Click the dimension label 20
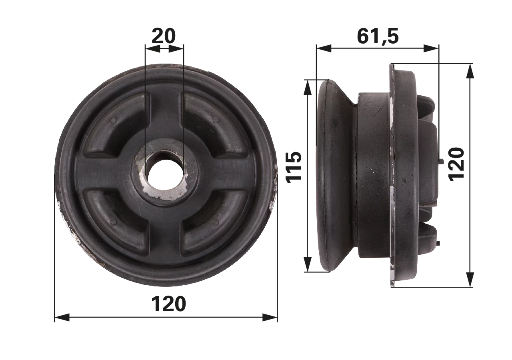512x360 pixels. [164, 36]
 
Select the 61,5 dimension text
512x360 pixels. [378, 36]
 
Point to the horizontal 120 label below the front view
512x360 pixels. [168, 304]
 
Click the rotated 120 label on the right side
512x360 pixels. [456, 164]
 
